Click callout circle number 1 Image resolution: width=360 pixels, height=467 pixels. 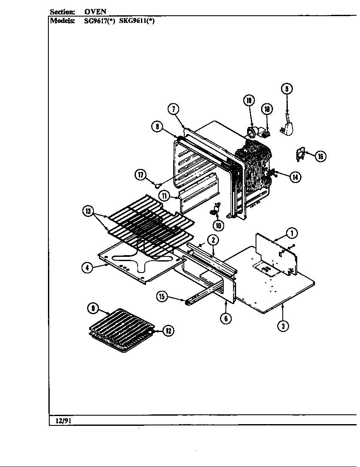click(x=291, y=232)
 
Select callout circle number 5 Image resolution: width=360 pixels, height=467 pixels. click(x=287, y=89)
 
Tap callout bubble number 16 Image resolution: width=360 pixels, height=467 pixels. click(x=321, y=157)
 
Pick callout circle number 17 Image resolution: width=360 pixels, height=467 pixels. click(x=141, y=174)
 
